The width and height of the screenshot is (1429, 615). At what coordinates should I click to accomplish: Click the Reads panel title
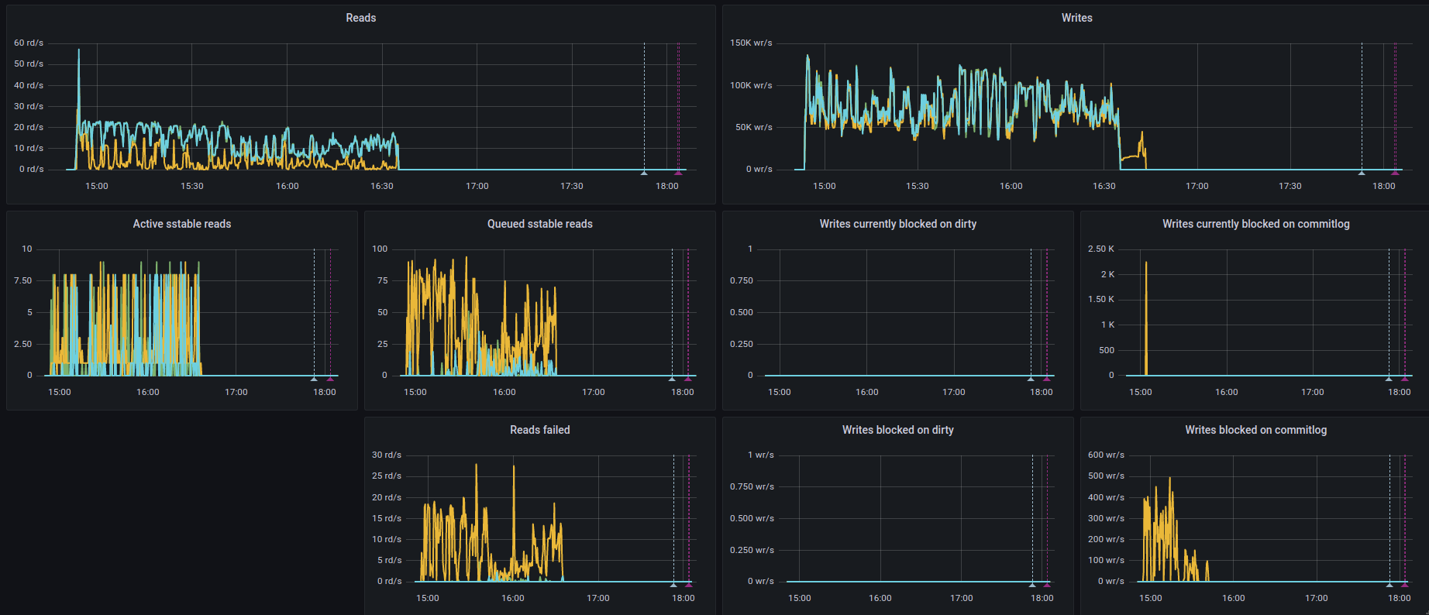[360, 18]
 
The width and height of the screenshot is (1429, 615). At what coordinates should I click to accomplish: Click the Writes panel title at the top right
[1076, 18]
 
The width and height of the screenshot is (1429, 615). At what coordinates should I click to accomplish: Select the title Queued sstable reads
[539, 224]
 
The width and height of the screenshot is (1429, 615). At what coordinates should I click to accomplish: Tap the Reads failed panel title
[539, 430]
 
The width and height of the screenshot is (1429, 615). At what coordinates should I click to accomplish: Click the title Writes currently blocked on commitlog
[1255, 224]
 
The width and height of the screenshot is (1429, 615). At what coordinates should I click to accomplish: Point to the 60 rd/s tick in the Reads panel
[29, 43]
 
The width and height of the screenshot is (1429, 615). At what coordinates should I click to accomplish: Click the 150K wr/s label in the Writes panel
[750, 43]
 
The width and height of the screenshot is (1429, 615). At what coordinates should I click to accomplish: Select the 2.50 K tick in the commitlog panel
[1100, 249]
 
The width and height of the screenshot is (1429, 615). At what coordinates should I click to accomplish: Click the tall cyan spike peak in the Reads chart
[78, 51]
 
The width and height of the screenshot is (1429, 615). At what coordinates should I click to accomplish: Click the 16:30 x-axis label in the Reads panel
[382, 186]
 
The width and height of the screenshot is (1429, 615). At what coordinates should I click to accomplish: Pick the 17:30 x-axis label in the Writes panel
[1290, 186]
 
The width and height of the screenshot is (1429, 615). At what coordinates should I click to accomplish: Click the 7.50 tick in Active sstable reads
[23, 280]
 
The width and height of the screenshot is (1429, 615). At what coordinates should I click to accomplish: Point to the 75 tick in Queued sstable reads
[382, 280]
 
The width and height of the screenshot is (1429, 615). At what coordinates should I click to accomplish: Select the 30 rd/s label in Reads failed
[386, 455]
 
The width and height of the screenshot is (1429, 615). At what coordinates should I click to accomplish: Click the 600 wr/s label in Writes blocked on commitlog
[1105, 455]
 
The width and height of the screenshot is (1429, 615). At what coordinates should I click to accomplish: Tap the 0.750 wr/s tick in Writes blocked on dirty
[751, 486]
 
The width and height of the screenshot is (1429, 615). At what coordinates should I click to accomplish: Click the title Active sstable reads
[182, 224]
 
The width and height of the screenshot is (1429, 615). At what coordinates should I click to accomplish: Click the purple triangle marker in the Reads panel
[678, 172]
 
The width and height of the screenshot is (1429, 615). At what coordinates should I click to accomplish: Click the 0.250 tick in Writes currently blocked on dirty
[741, 344]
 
